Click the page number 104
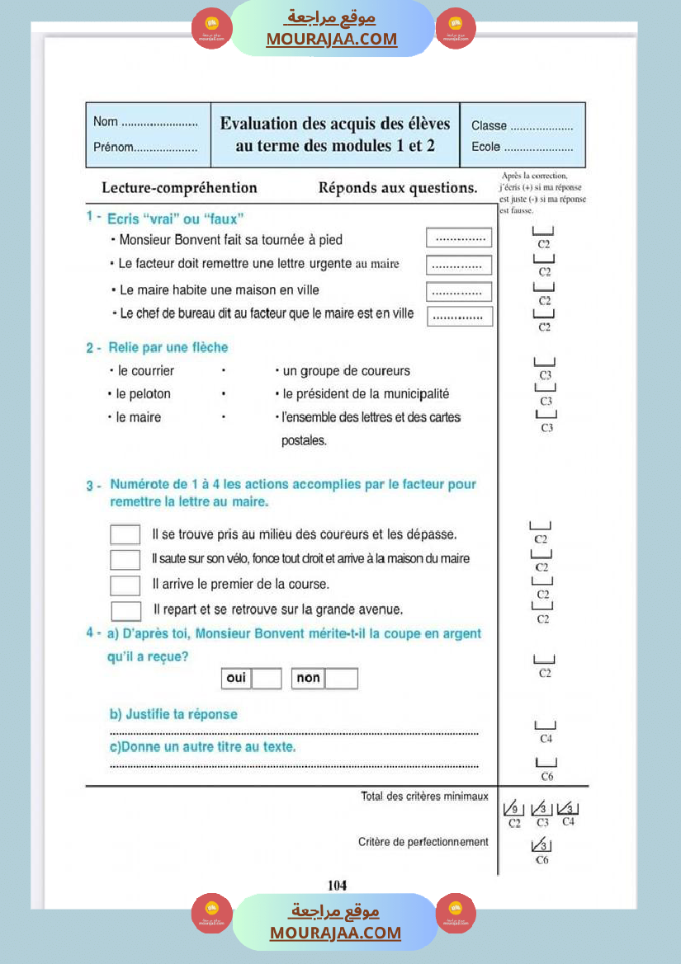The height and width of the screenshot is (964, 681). coord(337,885)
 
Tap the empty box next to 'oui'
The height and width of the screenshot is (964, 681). coord(267,679)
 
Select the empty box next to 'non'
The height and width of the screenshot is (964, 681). coord(341,679)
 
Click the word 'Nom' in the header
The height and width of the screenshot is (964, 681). coord(106,122)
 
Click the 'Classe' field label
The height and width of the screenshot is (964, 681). coord(489,126)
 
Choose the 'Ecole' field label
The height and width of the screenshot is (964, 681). coord(486,148)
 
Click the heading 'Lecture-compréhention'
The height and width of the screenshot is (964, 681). coord(179,188)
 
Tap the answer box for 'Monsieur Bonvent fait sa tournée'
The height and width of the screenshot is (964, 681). coord(459,238)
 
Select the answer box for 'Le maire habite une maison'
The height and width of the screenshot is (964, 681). coord(459,292)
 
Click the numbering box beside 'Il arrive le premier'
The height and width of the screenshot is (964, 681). coord(125,585)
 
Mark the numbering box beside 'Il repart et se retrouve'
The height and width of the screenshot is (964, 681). coord(125,611)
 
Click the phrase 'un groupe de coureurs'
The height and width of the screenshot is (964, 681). coord(347,371)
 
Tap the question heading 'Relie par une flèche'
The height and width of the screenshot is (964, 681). coord(168,348)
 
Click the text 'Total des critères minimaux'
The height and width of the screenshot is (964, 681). coord(424,797)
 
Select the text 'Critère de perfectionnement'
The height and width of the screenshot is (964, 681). coord(423,842)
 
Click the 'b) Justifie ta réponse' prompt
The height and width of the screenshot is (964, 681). coord(173,715)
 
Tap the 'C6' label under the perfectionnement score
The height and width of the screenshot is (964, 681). coord(541,860)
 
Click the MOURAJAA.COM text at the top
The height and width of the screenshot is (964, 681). coord(332,39)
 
